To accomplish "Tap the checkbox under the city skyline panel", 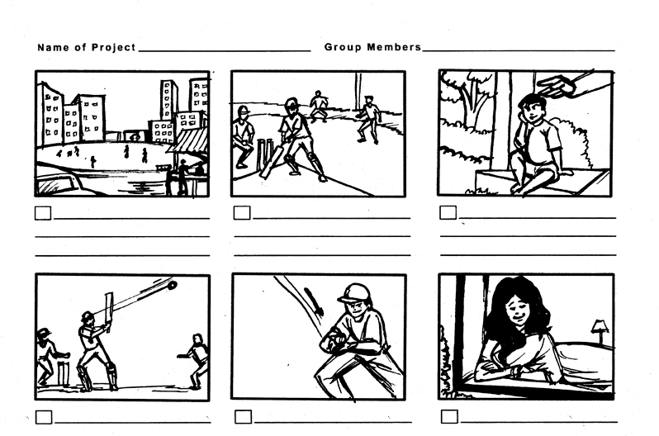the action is point(43,213).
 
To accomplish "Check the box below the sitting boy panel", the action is point(448,212).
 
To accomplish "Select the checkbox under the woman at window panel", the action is point(449,416).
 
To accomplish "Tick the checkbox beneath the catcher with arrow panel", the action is point(243,417).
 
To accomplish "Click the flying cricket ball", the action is point(172,286).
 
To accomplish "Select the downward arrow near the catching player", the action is point(314,301).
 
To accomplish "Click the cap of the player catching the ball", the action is point(354,293).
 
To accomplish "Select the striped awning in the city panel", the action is point(190,140).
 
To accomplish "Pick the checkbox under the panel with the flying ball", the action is point(44,417).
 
